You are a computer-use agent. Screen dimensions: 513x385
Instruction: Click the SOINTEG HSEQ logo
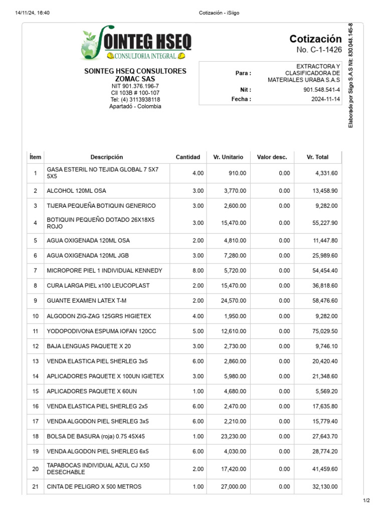click(135, 44)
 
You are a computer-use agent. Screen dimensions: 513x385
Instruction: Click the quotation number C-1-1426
click(319, 50)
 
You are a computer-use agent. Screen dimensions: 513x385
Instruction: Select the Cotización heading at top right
click(315, 39)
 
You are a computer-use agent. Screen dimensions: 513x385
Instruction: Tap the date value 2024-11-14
click(325, 99)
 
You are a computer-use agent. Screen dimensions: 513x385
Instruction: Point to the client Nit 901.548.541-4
click(321, 90)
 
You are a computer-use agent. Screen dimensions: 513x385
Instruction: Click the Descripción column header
click(106, 157)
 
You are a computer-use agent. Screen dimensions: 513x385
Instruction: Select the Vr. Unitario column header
click(228, 157)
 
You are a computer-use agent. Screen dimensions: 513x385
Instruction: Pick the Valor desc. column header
click(272, 157)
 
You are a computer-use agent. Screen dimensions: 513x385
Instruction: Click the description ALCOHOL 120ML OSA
click(76, 191)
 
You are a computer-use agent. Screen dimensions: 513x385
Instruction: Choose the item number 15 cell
click(35, 391)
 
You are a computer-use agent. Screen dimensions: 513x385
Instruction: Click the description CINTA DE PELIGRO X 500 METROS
click(94, 486)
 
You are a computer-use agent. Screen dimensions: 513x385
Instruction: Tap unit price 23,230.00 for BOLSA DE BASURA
click(233, 436)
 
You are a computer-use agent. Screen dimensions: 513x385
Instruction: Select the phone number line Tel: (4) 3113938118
click(135, 100)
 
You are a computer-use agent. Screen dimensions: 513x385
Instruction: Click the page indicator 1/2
click(366, 500)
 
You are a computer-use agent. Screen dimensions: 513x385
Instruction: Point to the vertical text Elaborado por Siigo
click(350, 75)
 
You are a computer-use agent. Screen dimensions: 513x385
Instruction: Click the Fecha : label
click(241, 99)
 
